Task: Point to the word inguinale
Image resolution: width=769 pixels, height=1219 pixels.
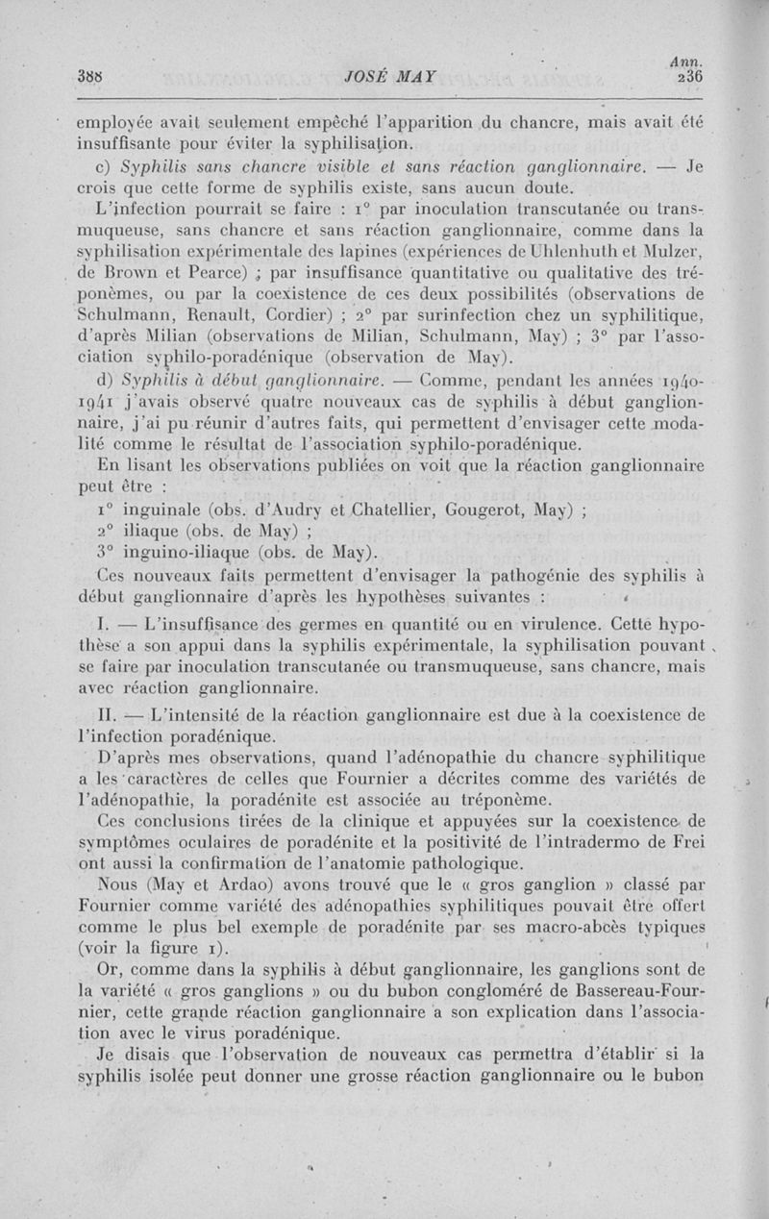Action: point(161,510)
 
